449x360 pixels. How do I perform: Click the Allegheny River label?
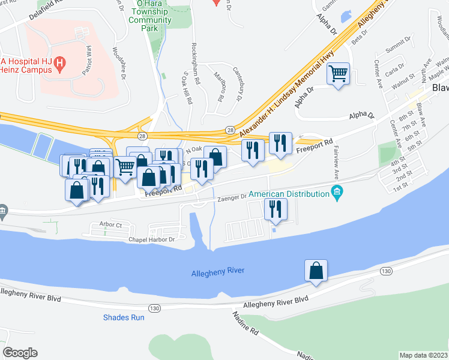[218, 271]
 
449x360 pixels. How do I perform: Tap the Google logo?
[20, 353]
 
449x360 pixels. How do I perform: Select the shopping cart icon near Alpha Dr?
[338, 74]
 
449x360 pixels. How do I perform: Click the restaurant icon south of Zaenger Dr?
[276, 209]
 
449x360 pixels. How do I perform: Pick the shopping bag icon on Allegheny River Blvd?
[316, 271]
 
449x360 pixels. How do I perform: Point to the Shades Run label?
[124, 317]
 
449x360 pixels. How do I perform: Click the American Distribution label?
[288, 194]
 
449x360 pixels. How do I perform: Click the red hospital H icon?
[59, 62]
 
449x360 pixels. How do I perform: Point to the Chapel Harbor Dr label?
[151, 239]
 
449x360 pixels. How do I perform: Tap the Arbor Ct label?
[111, 225]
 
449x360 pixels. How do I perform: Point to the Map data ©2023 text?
[424, 355]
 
